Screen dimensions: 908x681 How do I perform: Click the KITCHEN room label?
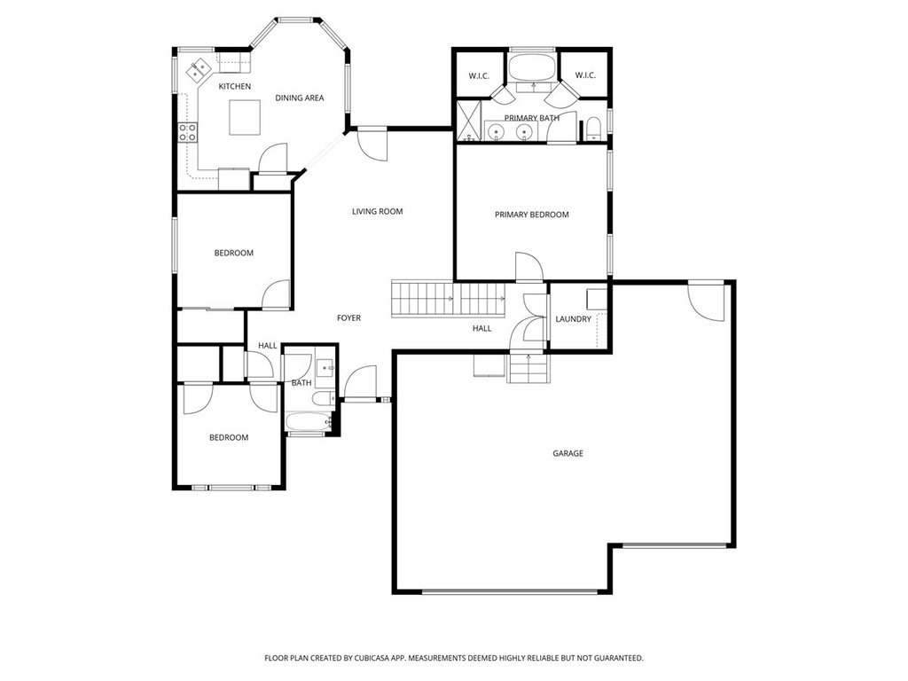234,86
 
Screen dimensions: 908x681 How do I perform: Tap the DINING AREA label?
300,98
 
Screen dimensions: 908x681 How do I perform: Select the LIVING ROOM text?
377,211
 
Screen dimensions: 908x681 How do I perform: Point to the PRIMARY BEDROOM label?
532,215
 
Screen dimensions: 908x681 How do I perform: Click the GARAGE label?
567,453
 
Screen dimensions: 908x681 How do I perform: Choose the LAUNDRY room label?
574,319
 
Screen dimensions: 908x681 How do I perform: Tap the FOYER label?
348,318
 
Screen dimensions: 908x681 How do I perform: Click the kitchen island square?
245,118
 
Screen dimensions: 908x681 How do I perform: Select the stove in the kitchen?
187,132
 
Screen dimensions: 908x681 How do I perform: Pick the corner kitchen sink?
198,69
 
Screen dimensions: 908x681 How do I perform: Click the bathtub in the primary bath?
533,68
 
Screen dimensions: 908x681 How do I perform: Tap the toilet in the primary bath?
593,129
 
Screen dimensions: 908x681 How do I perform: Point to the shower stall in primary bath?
468,121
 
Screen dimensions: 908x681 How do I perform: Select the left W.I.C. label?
479,76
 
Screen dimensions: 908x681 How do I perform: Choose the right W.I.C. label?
585,75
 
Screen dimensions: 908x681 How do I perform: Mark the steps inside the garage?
528,368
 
